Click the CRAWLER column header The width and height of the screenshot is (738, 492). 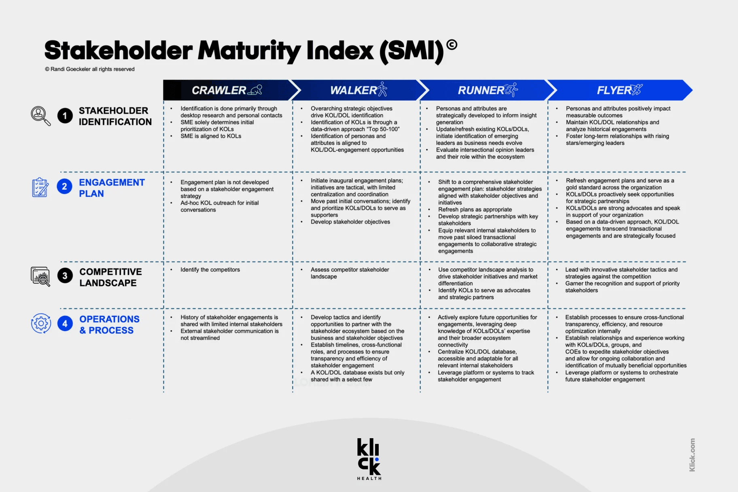point(227,90)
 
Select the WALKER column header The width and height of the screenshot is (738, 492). point(358,90)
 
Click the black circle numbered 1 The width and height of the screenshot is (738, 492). point(65,116)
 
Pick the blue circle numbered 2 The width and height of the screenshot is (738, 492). point(64,187)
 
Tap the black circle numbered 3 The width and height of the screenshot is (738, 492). point(65,276)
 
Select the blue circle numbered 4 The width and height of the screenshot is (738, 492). point(65,323)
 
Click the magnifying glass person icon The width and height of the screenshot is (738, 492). point(41,116)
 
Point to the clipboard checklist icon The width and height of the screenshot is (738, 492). point(40,187)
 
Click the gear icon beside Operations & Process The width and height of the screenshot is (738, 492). point(41,323)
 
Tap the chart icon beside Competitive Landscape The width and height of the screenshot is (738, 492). point(40,276)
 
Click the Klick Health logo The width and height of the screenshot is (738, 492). point(369,459)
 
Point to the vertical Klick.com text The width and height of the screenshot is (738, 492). point(692,455)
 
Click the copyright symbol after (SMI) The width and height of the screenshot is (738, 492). point(452,45)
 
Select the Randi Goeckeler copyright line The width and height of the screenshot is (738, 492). point(90,69)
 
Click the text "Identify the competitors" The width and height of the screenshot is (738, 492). point(210,269)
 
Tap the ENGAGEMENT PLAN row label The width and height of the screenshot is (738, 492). point(112,188)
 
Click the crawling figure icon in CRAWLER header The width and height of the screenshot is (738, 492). point(255,90)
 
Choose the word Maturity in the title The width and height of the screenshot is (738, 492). point(249,51)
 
